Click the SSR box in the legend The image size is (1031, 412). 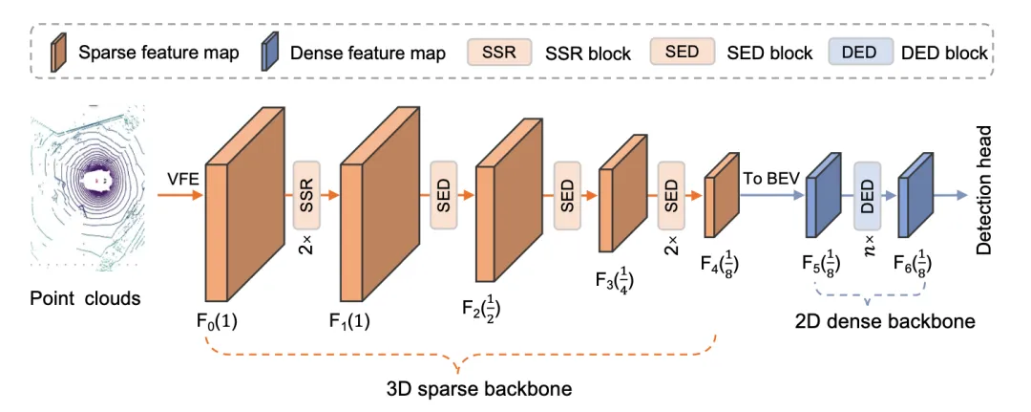pos(499,52)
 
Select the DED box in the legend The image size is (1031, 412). pos(859,52)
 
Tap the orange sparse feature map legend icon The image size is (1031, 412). pos(61,52)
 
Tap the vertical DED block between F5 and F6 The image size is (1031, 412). pos(867,195)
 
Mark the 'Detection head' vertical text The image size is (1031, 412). pos(984,190)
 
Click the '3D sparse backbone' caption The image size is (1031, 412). pos(464,389)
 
